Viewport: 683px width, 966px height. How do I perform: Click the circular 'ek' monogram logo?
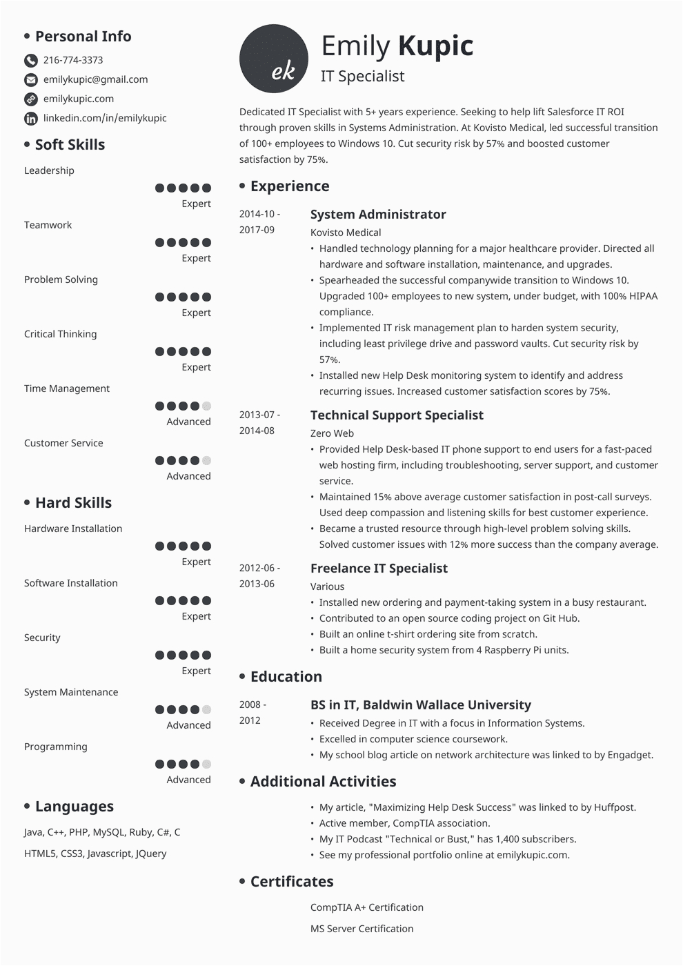[x=274, y=59]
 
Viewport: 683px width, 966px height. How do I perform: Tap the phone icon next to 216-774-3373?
[x=31, y=61]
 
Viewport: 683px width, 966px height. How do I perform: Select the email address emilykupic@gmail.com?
[x=95, y=79]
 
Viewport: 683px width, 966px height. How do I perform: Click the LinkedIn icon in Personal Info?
[x=31, y=119]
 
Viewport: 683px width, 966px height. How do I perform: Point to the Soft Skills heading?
[x=70, y=145]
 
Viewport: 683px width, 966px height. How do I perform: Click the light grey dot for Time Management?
[x=206, y=406]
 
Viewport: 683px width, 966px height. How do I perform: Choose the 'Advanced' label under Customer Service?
[x=188, y=476]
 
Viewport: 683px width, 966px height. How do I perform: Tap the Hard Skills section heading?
[x=73, y=503]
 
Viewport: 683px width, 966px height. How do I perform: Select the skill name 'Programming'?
[x=56, y=747]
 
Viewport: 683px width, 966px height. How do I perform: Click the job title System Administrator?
[x=378, y=215]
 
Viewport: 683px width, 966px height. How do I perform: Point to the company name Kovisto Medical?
[x=346, y=233]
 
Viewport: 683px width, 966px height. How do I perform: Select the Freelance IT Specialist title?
[x=379, y=569]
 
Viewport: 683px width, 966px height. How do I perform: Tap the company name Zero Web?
[x=332, y=433]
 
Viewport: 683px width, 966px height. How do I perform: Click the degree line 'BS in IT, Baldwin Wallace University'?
[x=421, y=705]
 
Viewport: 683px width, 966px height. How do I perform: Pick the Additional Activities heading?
[x=323, y=782]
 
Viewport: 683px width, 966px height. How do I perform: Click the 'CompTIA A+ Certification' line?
[x=367, y=907]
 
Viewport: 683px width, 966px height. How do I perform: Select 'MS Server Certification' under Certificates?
[x=362, y=929]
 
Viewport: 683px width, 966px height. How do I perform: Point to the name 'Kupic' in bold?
[x=435, y=46]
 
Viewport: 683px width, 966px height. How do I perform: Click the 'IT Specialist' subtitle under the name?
[x=363, y=77]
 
